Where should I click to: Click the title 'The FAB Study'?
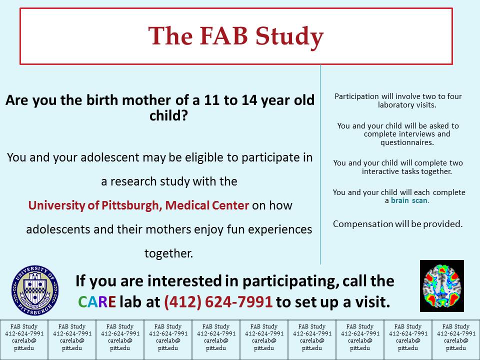click(235, 36)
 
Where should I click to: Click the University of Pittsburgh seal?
click(35, 290)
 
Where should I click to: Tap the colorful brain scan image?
click(441, 286)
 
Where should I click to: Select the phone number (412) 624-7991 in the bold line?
click(218, 302)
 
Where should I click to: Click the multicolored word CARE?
click(97, 302)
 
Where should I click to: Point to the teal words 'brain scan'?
click(409, 200)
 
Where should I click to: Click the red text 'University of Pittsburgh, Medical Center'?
click(138, 205)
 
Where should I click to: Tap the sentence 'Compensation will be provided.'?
click(397, 224)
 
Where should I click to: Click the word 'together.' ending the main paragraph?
click(168, 253)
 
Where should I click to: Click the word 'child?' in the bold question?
click(168, 115)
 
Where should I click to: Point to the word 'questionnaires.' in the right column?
click(407, 142)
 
